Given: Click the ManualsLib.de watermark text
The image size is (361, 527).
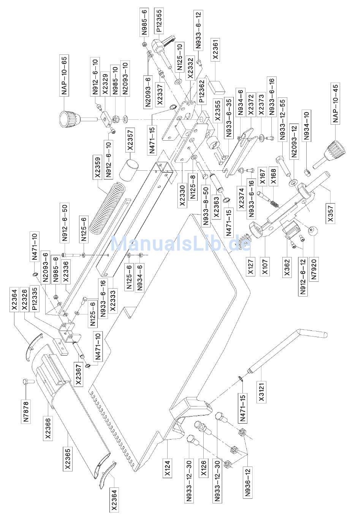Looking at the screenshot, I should (181, 243).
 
